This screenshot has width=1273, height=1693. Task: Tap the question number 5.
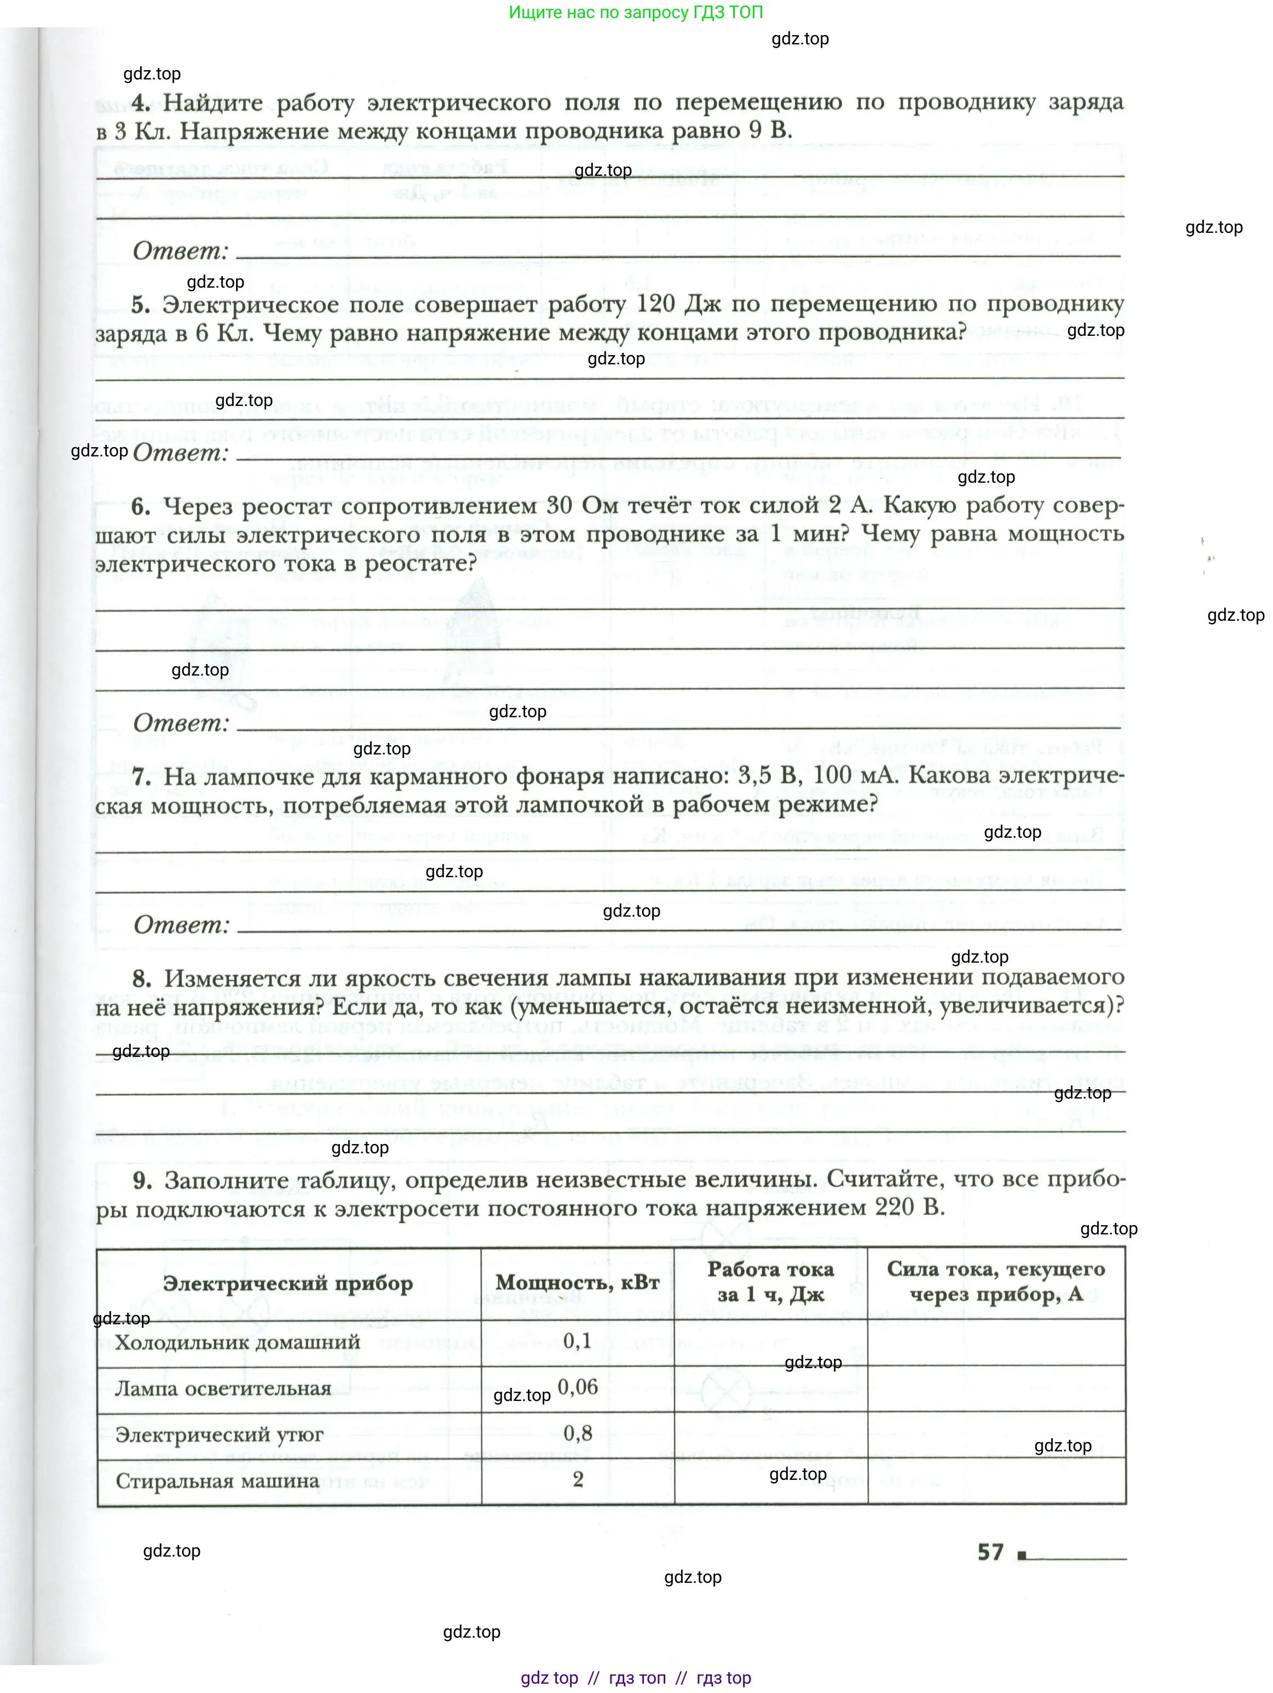[140, 305]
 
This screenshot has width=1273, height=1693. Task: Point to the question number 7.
[141, 777]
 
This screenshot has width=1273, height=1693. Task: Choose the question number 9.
[141, 1180]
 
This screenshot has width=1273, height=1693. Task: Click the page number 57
[990, 1552]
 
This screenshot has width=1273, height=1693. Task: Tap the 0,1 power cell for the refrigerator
[577, 1341]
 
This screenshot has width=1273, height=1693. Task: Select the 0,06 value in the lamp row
[578, 1387]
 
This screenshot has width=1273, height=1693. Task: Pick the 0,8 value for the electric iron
[578, 1433]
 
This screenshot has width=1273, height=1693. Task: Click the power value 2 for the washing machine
[578, 1479]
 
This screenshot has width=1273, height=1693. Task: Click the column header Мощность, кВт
[577, 1283]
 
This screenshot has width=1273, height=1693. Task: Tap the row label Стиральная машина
[217, 1481]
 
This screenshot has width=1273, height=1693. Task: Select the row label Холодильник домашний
[237, 1342]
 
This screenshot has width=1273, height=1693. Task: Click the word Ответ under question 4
[181, 251]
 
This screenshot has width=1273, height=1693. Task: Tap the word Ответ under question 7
[181, 924]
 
